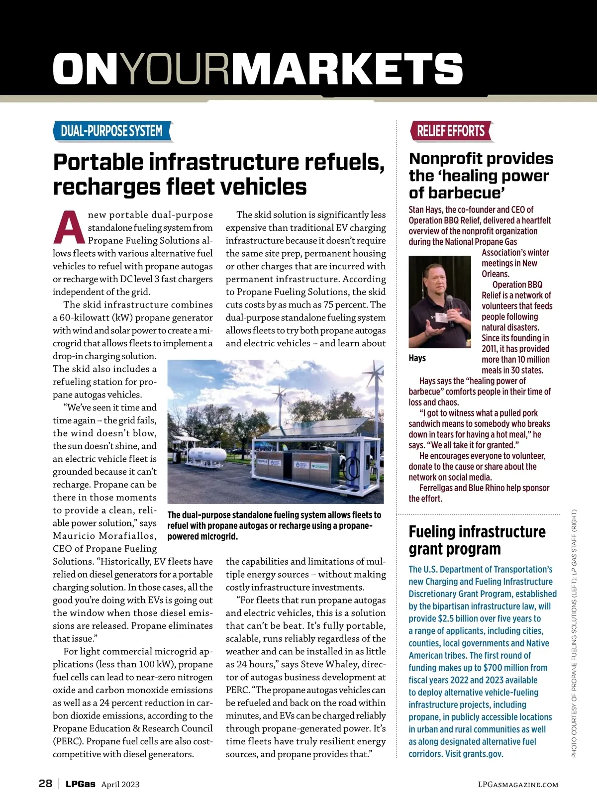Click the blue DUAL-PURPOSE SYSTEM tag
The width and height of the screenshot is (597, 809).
[112, 131]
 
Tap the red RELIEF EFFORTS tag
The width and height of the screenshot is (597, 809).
[451, 131]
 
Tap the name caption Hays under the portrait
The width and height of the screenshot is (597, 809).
[417, 358]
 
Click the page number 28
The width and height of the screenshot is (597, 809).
[45, 784]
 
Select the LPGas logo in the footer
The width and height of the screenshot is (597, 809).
[81, 784]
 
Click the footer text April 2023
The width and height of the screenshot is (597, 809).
[120, 785]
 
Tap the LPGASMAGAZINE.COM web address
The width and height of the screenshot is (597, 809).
[518, 785]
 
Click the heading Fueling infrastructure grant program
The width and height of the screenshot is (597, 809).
[477, 540]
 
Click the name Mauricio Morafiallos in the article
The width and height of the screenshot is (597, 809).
[104, 536]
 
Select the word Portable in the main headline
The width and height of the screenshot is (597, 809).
[98, 163]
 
